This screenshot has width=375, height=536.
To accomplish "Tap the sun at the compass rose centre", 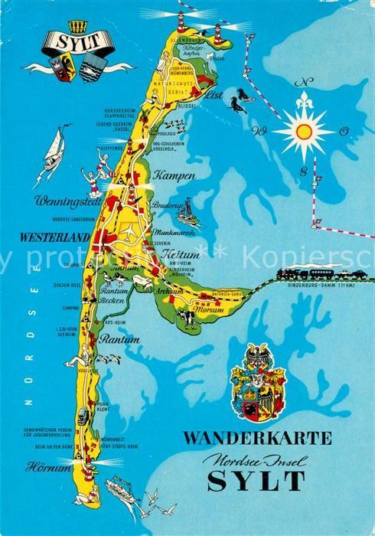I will point(304,132).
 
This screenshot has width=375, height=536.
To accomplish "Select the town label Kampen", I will point(174,175).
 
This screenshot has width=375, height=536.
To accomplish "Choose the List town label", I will point(215,96).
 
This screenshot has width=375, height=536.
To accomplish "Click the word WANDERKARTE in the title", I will point(258,439).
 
